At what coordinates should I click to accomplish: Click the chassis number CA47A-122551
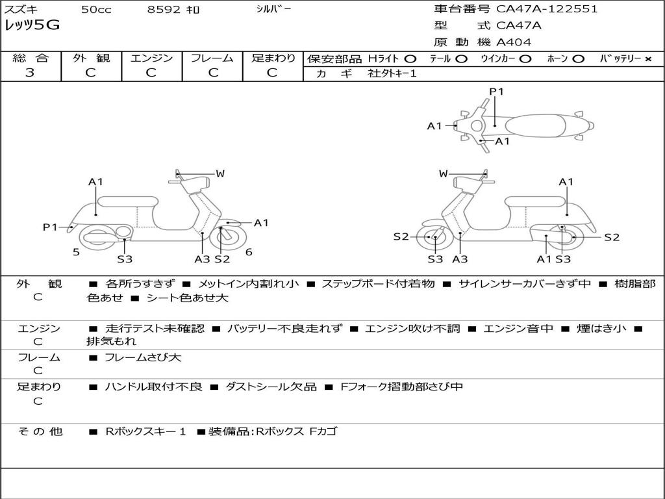point(547,9)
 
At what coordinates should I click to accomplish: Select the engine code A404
point(514,42)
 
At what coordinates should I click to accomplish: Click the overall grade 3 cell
point(31,73)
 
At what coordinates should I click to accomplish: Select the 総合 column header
point(31,58)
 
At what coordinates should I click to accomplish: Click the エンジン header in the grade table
point(151,58)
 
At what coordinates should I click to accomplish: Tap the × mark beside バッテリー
point(647,58)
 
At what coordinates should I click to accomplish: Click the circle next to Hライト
point(410,58)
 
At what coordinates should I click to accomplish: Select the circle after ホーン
point(578,58)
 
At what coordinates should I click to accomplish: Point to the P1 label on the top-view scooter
point(496,92)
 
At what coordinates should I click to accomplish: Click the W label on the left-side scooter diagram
point(220,173)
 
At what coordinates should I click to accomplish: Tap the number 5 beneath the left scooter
point(76,252)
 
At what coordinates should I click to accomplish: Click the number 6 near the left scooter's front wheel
point(249,252)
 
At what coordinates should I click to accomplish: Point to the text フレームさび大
point(143,357)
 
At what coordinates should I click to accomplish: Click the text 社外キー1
point(392,73)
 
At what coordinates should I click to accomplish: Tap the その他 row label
point(40,431)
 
